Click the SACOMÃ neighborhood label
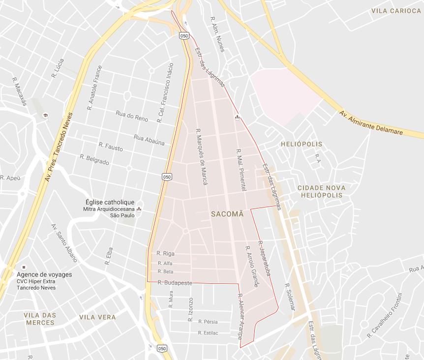coord(227,214)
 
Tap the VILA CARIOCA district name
coord(396,11)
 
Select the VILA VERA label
coord(97,317)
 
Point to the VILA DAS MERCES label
coord(40,319)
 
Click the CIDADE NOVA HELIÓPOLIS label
coord(321,191)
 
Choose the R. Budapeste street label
coord(175,283)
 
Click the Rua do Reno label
coord(132,116)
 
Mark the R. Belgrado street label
coord(94,159)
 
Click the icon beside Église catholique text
coord(139,209)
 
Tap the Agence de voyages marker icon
coord(24,267)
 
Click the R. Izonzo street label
coord(190,309)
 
